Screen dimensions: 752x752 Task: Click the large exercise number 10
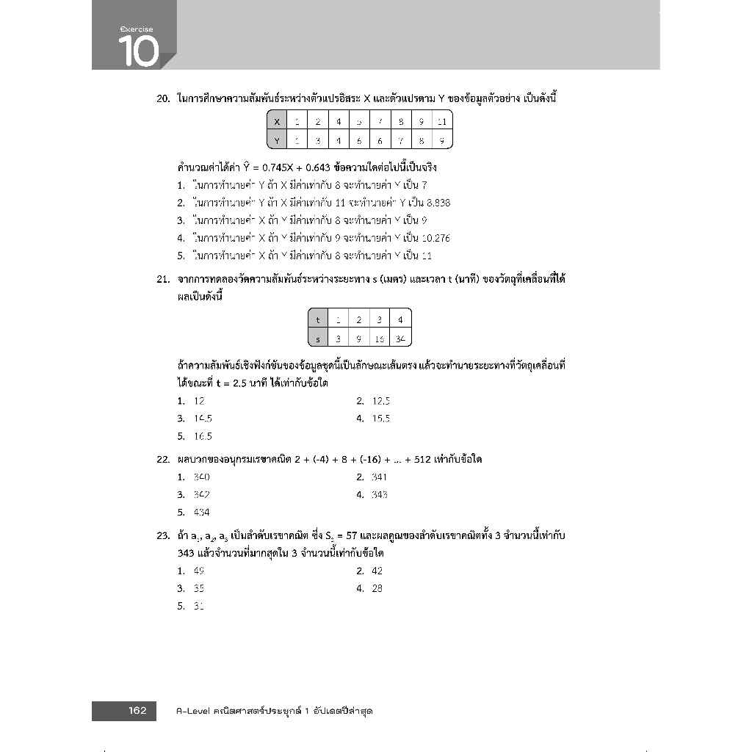(x=137, y=51)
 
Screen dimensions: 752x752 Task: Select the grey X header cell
(x=277, y=122)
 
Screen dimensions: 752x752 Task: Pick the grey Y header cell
(x=277, y=140)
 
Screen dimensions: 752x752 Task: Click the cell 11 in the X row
(x=441, y=122)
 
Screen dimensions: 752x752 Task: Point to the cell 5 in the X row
(x=359, y=122)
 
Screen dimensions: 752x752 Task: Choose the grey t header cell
(x=318, y=319)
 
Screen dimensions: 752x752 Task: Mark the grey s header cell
(x=318, y=338)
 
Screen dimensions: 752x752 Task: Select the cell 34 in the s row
(x=399, y=338)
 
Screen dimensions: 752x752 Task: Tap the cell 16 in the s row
(x=380, y=338)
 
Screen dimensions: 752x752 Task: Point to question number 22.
(x=164, y=460)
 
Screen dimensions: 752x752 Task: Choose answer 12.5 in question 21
(x=381, y=401)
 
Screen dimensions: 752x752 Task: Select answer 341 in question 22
(x=379, y=477)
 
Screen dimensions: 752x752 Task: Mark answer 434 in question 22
(x=201, y=513)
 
